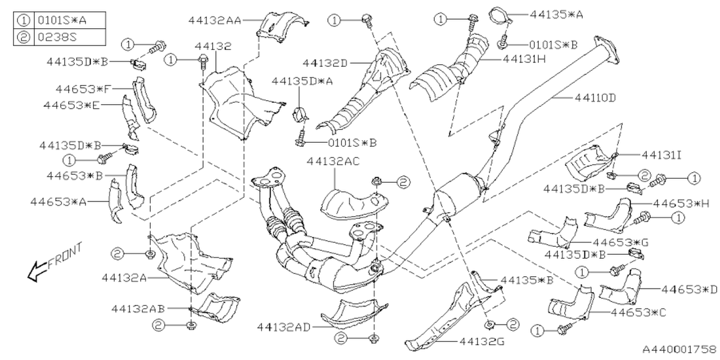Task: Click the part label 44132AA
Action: tap(214, 20)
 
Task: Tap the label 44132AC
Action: tap(334, 161)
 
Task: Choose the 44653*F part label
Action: tap(83, 88)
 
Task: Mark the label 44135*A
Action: tap(556, 15)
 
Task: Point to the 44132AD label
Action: tap(283, 326)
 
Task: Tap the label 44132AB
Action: tap(138, 308)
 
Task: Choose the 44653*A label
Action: tap(58, 201)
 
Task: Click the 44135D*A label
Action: tap(302, 81)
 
